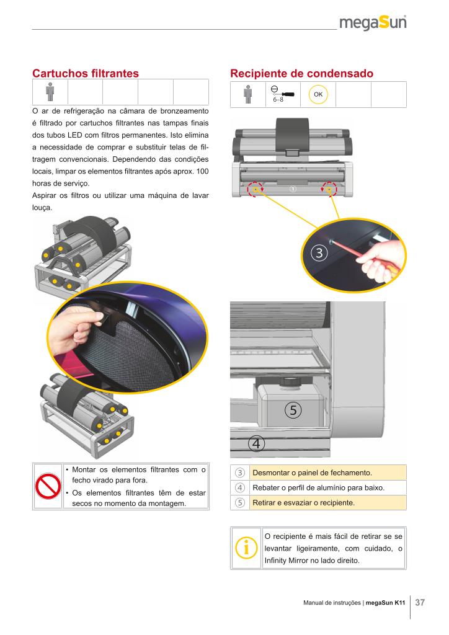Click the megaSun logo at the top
[x=373, y=23]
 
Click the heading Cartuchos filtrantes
[x=86, y=73]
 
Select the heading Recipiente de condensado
[x=301, y=73]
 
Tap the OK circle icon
[x=318, y=94]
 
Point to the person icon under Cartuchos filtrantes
[x=50, y=92]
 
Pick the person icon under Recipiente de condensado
[x=248, y=94]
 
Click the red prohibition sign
[x=48, y=486]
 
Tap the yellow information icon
[x=246, y=548]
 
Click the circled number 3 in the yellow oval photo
[x=319, y=253]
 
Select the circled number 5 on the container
[x=293, y=411]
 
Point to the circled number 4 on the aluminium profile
[x=256, y=444]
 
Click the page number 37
[x=420, y=603]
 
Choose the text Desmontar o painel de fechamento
[x=312, y=473]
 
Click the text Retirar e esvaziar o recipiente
[x=303, y=502]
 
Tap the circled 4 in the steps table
[x=240, y=487]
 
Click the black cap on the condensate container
[x=289, y=381]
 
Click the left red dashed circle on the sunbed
[x=255, y=189]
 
